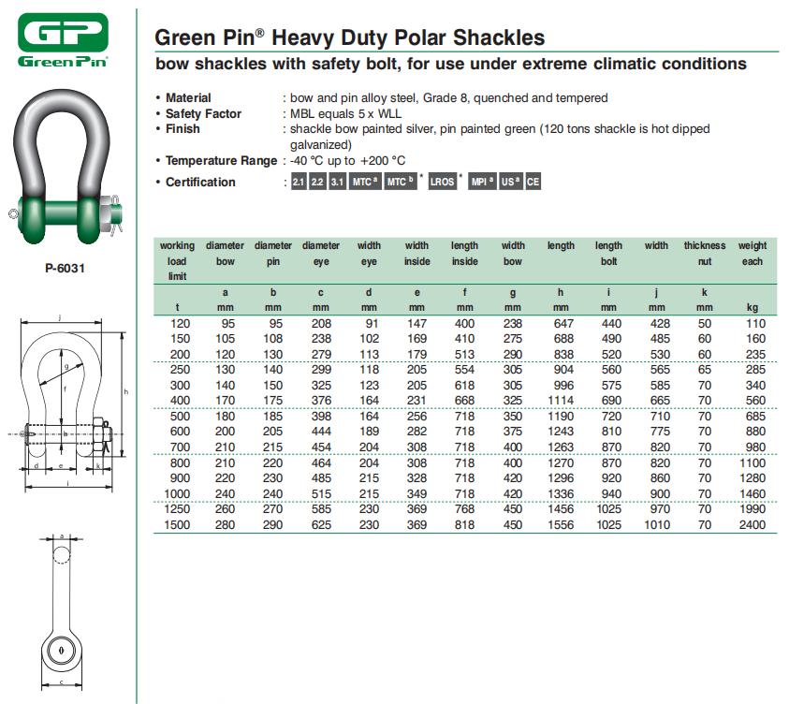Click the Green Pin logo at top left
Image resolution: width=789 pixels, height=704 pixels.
coord(63,39)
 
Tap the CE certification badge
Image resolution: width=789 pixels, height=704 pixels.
coord(533,183)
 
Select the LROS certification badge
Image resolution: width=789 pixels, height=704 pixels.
coord(442,183)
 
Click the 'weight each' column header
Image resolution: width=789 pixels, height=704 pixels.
coord(752,254)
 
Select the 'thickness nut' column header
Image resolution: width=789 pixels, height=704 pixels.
coord(704,254)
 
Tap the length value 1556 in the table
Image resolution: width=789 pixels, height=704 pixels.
coord(561,525)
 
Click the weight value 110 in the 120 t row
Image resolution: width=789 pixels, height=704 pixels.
coord(754,323)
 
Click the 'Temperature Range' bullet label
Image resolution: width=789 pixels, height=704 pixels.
coord(221,161)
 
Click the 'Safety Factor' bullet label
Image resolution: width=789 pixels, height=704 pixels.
coord(203,113)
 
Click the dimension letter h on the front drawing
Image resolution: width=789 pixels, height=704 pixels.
coord(125,390)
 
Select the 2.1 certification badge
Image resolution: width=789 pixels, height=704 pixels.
coord(299,183)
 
